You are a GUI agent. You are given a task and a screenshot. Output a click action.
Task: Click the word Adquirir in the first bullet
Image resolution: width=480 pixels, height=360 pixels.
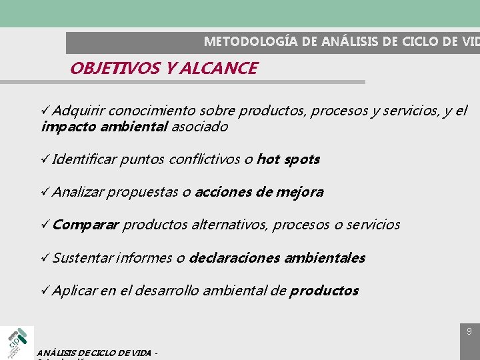(x=78, y=110)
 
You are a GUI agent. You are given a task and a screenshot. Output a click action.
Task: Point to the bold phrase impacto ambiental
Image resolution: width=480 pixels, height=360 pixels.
(x=104, y=127)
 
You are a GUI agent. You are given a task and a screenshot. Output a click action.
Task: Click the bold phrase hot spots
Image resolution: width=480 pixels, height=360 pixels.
(x=288, y=159)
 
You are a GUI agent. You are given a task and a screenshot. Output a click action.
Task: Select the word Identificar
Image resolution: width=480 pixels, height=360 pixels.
(x=85, y=159)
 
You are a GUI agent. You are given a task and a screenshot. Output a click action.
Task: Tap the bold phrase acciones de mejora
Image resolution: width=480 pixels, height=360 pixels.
(x=259, y=192)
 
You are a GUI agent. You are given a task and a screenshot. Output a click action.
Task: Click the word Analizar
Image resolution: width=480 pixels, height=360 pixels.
(x=78, y=192)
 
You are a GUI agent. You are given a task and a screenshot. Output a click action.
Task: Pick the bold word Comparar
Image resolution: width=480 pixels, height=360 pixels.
(x=85, y=225)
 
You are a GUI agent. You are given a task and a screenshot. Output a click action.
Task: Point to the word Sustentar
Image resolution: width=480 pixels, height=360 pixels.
(x=83, y=257)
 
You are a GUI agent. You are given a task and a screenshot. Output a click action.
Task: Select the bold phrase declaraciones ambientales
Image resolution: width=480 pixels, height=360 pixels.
(x=277, y=257)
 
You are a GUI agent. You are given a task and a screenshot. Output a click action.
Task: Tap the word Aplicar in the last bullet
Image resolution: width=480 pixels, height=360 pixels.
(x=75, y=291)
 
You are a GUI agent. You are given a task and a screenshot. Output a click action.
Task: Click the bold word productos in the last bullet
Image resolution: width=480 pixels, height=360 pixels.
(x=324, y=291)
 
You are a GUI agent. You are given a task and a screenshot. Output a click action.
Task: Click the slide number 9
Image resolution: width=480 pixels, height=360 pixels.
(x=469, y=331)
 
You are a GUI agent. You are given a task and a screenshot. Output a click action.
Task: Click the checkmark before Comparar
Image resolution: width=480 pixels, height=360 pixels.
(x=45, y=225)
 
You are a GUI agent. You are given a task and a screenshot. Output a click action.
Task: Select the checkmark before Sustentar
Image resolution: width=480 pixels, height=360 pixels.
(x=45, y=257)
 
